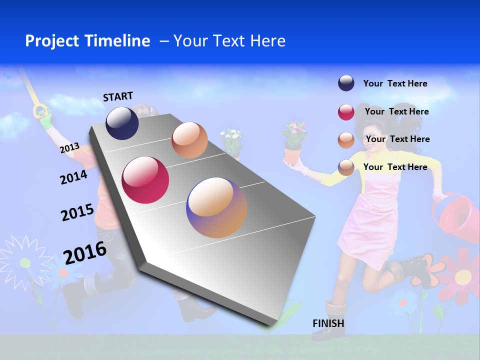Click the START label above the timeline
coord(118,96)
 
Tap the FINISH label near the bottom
coord(328,323)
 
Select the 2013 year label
coord(69,148)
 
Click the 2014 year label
coord(73,177)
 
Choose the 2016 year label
coord(85,252)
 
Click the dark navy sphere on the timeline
coord(122,123)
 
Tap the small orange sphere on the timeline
coord(189,139)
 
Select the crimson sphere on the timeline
coord(145,180)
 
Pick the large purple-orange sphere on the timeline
coord(216,207)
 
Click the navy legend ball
coord(346,83)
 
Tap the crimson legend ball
coord(346,112)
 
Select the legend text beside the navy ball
coord(395,83)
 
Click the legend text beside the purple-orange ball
coord(395,167)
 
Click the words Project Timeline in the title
coord(87,41)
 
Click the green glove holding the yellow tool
coord(46,118)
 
